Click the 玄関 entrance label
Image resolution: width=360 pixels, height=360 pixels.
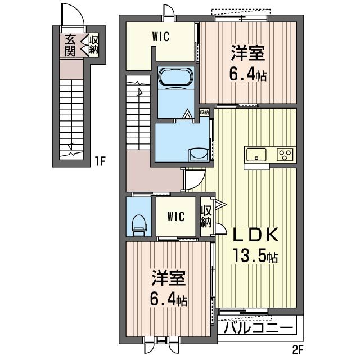pyautogui.click(x=70, y=45)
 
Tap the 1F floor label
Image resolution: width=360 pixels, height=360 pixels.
pyautogui.click(x=100, y=162)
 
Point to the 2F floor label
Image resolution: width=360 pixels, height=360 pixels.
pyautogui.click(x=298, y=350)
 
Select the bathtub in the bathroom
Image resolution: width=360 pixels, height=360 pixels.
pyautogui.click(x=176, y=78)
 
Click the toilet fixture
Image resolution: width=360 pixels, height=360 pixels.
pyautogui.click(x=139, y=226)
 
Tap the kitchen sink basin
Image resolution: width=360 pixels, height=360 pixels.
pyautogui.click(x=256, y=155)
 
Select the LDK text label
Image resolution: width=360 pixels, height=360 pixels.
pyautogui.click(x=255, y=235)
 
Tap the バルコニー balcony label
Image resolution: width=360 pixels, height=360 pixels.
pyautogui.click(x=259, y=328)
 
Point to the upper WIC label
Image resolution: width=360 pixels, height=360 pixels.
pyautogui.click(x=161, y=37)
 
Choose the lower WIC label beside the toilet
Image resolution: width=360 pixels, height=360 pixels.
pyautogui.click(x=176, y=217)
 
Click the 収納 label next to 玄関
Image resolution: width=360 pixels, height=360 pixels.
pyautogui.click(x=94, y=45)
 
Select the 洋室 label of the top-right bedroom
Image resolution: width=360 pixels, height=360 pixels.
pyautogui.click(x=248, y=53)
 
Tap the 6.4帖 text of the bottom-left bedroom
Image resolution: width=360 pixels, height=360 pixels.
pyautogui.click(x=168, y=299)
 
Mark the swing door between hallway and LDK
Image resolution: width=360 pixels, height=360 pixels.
pyautogui.click(x=194, y=179)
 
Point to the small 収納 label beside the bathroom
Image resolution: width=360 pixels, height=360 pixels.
pyautogui.click(x=204, y=112)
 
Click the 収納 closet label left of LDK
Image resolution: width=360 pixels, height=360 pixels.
pyautogui.click(x=206, y=216)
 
